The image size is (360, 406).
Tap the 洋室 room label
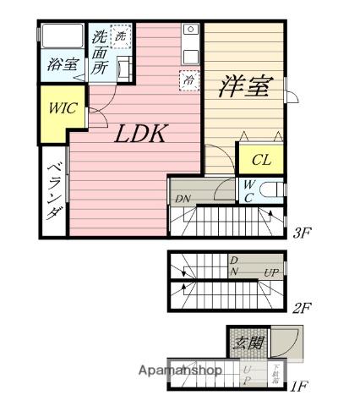coord(246,86)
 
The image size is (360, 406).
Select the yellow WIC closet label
coord(61,109)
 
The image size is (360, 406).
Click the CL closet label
coord(260,159)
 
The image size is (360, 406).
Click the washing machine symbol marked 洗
coord(122,36)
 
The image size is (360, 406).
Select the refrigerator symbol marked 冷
coord(188,81)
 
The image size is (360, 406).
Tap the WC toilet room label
coord(249,190)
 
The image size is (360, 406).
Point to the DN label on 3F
coord(183,199)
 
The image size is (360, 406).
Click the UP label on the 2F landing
coord(271,272)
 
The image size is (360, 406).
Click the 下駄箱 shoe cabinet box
coord(275,372)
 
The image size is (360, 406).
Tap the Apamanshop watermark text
coord(181,370)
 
